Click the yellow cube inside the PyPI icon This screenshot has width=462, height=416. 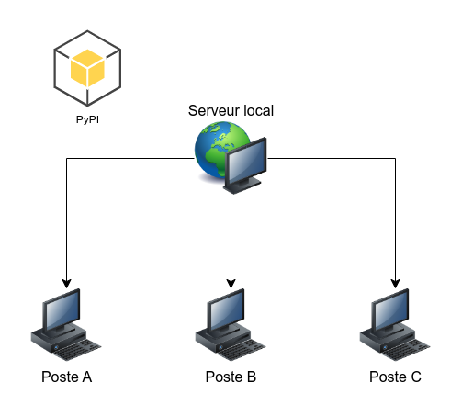pos(87,68)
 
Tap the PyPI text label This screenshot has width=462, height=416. pos(87,119)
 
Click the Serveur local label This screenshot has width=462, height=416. pos(231,110)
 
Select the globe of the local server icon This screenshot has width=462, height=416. pos(219,149)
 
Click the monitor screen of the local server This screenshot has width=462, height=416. pos(246,162)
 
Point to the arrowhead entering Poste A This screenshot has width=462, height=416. pos(67,284)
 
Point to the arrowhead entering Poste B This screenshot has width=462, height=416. pos(231,284)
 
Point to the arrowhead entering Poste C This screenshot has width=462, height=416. pos(396,284)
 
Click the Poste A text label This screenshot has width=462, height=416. pos(67,377)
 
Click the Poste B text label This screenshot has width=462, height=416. pos(231,377)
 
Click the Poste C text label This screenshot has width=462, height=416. pos(395,377)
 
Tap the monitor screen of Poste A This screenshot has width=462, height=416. pos(62,310)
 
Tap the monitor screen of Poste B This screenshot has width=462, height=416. pos(227,310)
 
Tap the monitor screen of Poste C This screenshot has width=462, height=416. pos(391,310)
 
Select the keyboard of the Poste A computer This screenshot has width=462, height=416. pos(77,350)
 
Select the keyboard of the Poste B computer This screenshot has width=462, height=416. pos(242,350)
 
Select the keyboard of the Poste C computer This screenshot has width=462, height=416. pos(406,350)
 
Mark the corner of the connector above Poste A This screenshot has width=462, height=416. pos(67,158)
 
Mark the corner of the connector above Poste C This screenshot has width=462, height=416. pos(396,158)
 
